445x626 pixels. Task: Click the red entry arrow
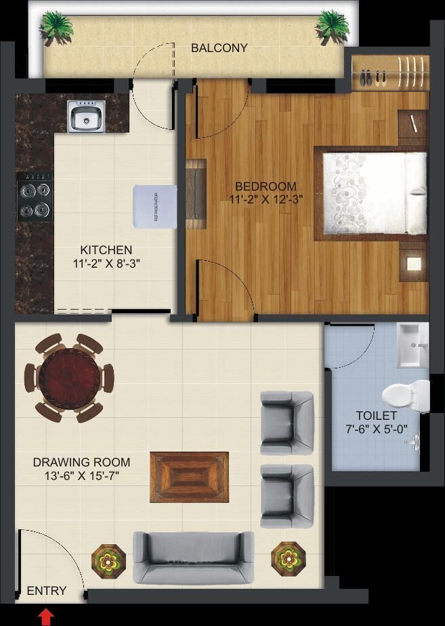point(46,617)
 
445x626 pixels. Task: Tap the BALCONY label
point(219,48)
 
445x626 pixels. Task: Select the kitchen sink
point(86,116)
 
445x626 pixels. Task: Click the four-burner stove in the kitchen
point(35,197)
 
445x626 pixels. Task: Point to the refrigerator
point(155,206)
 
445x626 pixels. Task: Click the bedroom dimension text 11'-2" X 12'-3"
point(266,199)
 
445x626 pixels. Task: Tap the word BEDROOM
point(266,186)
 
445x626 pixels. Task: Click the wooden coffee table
point(189,477)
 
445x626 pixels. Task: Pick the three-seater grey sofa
point(194,558)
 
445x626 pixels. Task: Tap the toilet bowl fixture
point(406,395)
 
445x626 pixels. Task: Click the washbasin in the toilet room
point(412,345)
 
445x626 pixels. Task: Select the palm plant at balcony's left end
point(56,28)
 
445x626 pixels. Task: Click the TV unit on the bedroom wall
point(196,194)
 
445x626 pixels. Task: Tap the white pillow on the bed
point(416,193)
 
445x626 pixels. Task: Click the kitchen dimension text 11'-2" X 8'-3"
point(106,264)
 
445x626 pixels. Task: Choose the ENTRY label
point(46,590)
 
